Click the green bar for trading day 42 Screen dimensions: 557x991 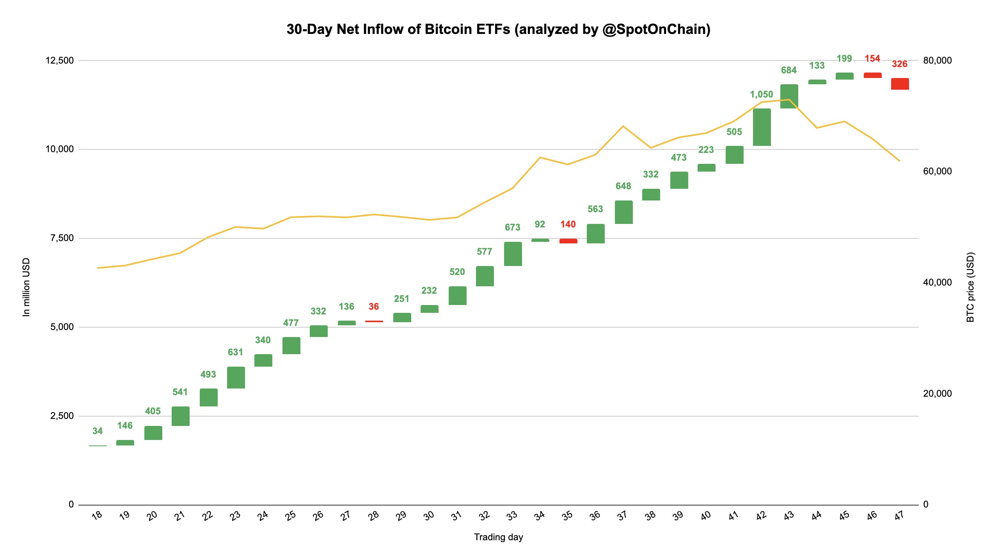coord(762,127)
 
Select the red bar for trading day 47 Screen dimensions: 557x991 coord(900,84)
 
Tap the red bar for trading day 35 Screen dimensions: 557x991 coord(568,241)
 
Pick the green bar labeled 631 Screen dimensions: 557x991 coord(236,377)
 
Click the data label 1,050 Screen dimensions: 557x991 coord(761,94)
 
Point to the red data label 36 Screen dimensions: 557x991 coord(373,307)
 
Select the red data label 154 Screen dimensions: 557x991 coord(872,59)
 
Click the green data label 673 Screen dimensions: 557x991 coord(512,227)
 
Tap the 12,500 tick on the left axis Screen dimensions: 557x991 coord(59,60)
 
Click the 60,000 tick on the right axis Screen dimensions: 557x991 coord(937,171)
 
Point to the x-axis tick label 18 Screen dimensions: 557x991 coord(97,515)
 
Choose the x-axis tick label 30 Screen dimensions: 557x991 coord(429,516)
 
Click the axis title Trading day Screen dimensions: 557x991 coord(498,537)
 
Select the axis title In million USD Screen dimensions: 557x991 coord(26,287)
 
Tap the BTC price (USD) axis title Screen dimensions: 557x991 coord(970,287)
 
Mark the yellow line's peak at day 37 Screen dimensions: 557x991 coord(623,126)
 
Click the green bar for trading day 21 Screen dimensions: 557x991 coord(180,416)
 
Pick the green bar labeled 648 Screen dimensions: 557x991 coord(623,212)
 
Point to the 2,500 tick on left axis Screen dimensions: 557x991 coord(62,416)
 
